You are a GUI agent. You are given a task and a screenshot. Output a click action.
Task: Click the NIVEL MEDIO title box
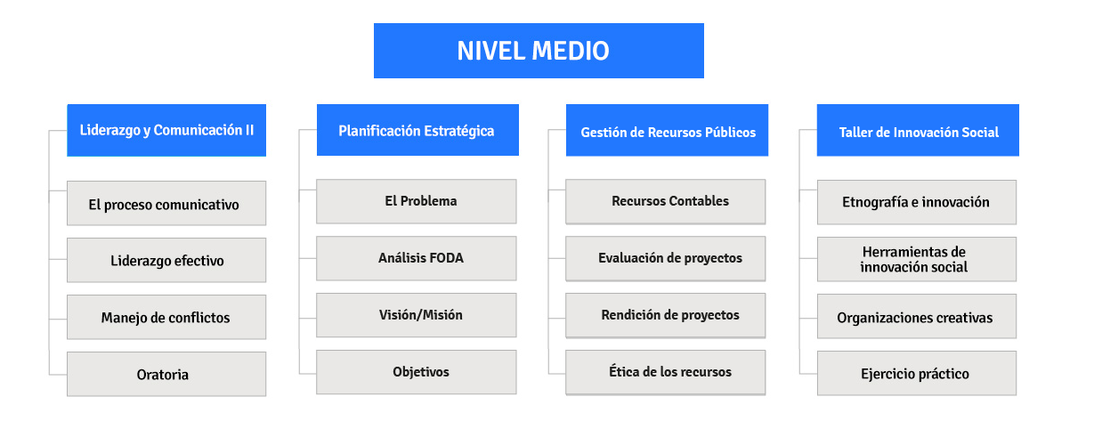coord(539,51)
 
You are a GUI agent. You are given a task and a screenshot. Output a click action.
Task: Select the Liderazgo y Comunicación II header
coord(166,131)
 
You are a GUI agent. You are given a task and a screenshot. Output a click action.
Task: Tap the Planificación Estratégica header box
coord(417,130)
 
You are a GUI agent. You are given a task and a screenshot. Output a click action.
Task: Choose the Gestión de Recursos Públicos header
coord(667,131)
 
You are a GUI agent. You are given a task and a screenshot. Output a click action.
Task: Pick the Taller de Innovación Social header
coord(918,131)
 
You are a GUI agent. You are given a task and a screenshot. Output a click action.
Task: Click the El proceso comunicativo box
coord(166,203)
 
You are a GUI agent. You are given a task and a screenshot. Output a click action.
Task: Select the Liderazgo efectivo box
coord(166,260)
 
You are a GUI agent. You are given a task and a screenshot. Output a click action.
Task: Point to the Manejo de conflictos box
coord(166,317)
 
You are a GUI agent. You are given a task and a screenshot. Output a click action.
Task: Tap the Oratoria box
coord(166,374)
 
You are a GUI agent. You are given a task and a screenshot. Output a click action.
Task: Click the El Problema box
coord(416,201)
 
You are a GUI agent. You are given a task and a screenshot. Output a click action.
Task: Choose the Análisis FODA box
coord(416,258)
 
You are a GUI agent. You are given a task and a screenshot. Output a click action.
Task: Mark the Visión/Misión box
coord(416,315)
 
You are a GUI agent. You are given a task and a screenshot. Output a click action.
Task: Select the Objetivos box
coord(416,372)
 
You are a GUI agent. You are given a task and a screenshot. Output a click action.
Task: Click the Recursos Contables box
coord(666,202)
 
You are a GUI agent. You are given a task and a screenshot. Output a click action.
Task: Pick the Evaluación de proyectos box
coord(666,259)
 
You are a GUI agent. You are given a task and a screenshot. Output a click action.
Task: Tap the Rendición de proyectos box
coord(666,315)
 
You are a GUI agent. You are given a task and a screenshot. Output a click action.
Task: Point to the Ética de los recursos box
coord(666,372)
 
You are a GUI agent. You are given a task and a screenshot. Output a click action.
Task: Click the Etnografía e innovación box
coord(917,202)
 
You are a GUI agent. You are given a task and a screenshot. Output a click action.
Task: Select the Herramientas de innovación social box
coord(917,259)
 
